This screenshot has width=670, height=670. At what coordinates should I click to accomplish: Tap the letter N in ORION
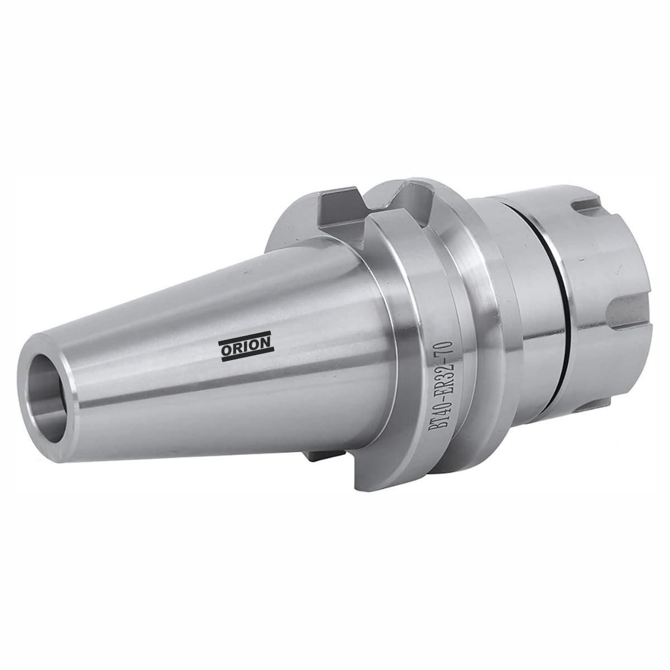click(265, 342)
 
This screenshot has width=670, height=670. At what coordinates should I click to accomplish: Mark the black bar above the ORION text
click(245, 336)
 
